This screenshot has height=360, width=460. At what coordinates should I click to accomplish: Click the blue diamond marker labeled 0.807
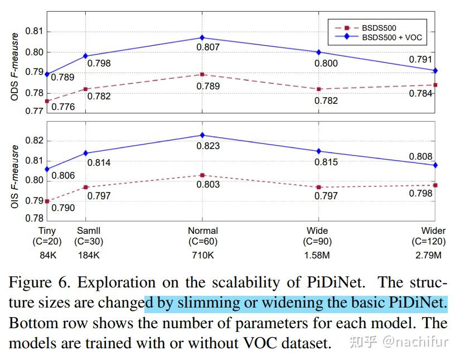[202, 37]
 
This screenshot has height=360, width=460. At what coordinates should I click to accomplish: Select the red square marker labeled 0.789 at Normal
[202, 74]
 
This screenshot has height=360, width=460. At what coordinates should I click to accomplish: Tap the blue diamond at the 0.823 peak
[202, 135]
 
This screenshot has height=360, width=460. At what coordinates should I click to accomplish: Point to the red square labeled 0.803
[202, 175]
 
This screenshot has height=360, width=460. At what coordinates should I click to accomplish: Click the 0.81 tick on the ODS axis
[36, 31]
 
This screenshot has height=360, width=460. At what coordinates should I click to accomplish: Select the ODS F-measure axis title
[15, 67]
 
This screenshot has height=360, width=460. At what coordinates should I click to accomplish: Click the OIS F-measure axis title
[15, 177]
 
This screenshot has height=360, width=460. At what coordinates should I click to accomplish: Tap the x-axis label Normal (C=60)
[202, 236]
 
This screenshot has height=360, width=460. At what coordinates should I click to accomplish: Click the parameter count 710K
[202, 256]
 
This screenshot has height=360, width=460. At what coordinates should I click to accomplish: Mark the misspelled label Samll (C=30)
[89, 236]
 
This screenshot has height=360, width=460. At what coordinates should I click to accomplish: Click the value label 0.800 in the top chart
[326, 63]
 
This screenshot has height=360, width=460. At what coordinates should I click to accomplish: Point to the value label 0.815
[326, 162]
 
